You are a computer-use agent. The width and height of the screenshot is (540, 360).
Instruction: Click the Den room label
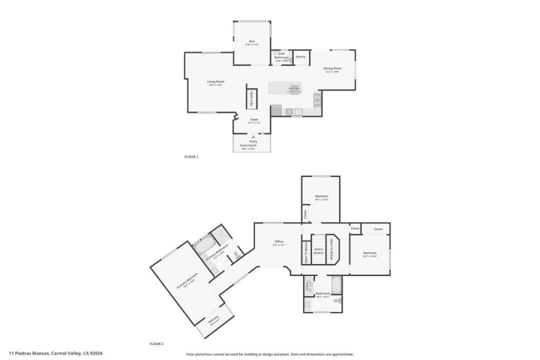tap(252, 41)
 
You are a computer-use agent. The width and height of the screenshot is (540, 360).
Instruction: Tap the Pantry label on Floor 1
tap(300, 57)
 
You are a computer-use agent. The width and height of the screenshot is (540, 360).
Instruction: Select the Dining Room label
tap(332, 68)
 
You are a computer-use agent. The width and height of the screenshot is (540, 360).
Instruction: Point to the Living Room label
tap(215, 82)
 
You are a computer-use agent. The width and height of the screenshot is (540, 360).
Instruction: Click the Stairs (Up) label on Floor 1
tap(251, 98)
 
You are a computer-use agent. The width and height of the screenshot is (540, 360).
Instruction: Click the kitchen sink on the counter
tap(298, 111)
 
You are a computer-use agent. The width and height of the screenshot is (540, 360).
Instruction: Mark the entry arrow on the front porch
tap(253, 136)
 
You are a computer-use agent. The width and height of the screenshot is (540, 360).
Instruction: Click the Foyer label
tap(254, 120)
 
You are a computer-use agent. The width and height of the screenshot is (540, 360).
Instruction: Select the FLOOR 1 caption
tap(191, 157)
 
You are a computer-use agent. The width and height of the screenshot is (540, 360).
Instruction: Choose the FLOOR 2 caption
tap(156, 344)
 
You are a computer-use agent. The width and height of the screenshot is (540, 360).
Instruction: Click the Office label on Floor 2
tap(278, 242)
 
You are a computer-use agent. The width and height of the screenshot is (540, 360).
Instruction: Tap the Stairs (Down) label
tap(318, 251)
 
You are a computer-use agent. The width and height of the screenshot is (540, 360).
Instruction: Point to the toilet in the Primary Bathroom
tap(237, 256)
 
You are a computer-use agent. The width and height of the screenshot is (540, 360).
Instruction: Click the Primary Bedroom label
tap(187, 281)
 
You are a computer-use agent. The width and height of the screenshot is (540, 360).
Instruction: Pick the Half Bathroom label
tap(281, 55)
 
